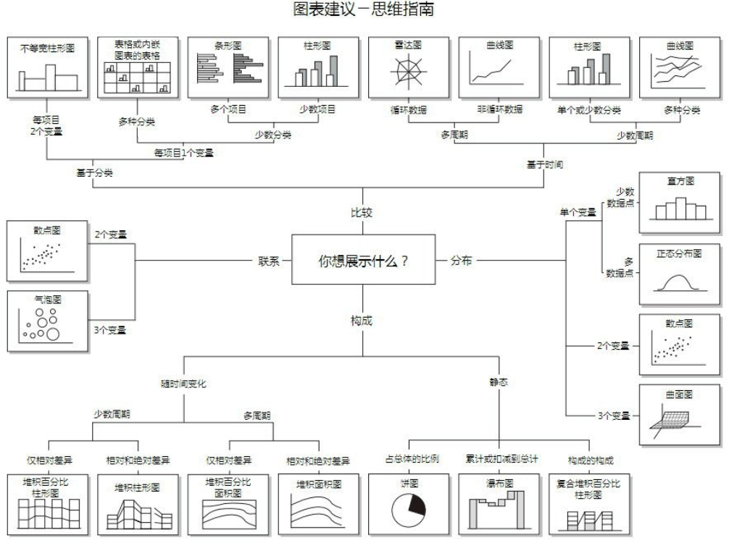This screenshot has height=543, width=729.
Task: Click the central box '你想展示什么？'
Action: (x=363, y=261)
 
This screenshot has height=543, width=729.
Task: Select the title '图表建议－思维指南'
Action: (x=364, y=10)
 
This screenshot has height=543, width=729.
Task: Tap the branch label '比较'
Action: (x=362, y=213)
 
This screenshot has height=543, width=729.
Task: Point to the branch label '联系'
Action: (x=269, y=261)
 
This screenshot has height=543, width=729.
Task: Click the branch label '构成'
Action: (x=362, y=319)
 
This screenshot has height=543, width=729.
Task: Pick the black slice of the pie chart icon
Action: (x=415, y=504)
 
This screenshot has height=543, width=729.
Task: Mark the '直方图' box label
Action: (x=679, y=182)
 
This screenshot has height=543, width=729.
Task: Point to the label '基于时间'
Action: (x=545, y=164)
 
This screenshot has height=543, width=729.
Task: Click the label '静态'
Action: (x=499, y=382)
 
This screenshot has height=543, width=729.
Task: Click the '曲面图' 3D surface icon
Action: (x=678, y=420)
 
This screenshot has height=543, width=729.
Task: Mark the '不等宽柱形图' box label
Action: (x=47, y=49)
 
